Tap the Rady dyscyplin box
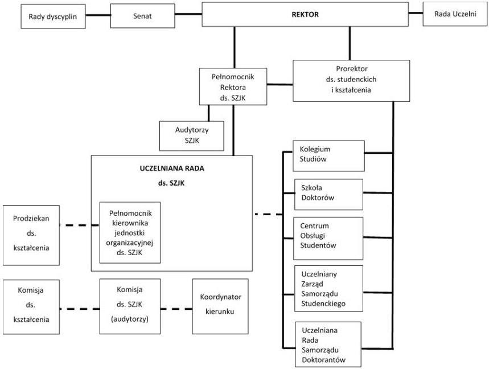tap(56, 17)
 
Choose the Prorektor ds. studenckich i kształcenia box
tap(351, 80)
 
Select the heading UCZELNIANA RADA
tap(171, 170)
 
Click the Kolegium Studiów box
tap(328, 155)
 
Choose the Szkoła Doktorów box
tap(328, 194)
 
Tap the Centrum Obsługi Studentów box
tap(328, 236)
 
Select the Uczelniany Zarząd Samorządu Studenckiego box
tap(328, 289)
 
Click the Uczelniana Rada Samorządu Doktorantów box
tap(328, 344)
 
